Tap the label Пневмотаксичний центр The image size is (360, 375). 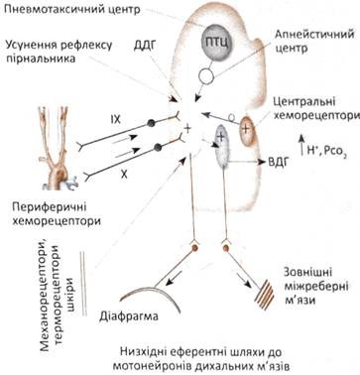[x=70, y=9]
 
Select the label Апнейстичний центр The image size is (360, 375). [x=314, y=41]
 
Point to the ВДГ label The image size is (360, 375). [x=276, y=162]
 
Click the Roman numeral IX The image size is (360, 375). [x=115, y=120]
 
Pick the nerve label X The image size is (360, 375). [x=124, y=175]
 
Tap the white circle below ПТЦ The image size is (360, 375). [x=206, y=76]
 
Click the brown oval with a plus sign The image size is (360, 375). [x=246, y=131]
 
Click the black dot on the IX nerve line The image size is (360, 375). [x=151, y=124]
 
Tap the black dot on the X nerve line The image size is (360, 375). [x=158, y=147]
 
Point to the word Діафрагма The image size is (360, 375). [x=129, y=316]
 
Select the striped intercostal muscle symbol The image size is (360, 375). [x=265, y=294]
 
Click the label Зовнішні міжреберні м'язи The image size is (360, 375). [x=315, y=286]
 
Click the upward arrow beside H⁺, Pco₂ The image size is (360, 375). [x=302, y=145]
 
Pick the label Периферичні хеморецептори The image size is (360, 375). [x=56, y=213]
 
